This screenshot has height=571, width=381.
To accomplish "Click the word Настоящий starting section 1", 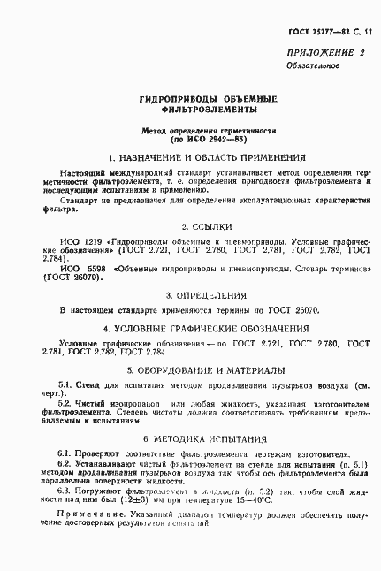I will tap(79, 171).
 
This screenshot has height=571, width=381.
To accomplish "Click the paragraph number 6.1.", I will tap(65, 453).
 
